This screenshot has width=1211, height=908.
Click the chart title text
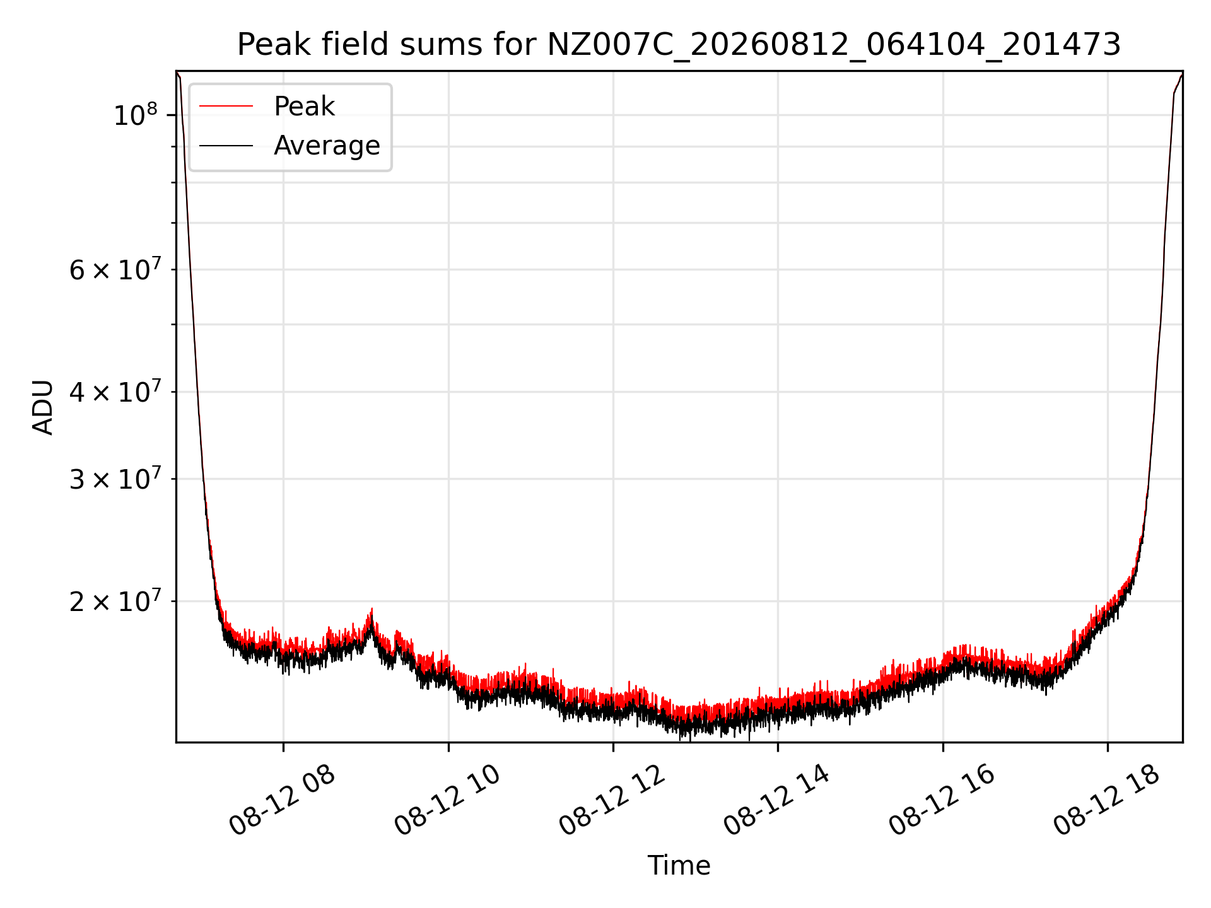pos(679,45)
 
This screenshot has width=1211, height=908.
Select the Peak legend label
pos(304,107)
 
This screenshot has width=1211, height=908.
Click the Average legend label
pos(327,146)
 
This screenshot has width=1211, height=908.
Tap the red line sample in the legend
pos(226,107)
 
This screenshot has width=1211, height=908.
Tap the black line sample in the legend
pos(226,146)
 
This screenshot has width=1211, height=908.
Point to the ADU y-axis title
pos(43,407)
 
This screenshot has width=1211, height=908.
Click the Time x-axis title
pos(679,866)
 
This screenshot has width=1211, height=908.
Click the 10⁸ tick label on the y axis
pos(135,115)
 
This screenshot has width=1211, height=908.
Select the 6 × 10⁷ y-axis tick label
pos(114,270)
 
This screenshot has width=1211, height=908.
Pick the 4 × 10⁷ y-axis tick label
pos(114,392)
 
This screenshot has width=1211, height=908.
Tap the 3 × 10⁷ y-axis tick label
pos(114,479)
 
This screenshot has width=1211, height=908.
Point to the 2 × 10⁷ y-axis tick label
pos(114,602)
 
